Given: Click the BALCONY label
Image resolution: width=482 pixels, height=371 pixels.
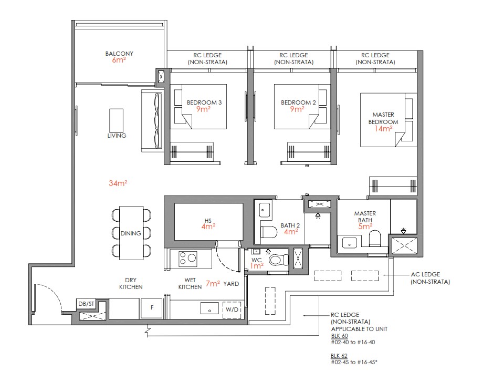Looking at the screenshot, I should click(x=119, y=54).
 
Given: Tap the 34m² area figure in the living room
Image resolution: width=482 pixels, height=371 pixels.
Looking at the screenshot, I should click(x=118, y=183).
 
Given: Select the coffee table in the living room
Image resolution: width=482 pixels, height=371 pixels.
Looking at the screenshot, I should click(x=117, y=120).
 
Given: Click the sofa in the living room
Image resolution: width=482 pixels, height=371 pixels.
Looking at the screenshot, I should click(x=152, y=120).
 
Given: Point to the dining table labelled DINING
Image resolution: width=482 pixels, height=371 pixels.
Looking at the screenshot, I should click(x=131, y=233).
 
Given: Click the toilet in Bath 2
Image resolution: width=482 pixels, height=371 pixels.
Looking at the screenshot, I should click(x=270, y=231).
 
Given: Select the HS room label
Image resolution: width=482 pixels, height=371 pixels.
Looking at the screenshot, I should click(x=208, y=221).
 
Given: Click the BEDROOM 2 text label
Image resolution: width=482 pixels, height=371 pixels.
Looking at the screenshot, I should click(x=298, y=102).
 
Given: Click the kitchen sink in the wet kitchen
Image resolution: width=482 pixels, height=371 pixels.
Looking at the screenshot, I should click(x=209, y=309).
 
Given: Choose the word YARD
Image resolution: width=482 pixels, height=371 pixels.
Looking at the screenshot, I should click(x=231, y=284).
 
